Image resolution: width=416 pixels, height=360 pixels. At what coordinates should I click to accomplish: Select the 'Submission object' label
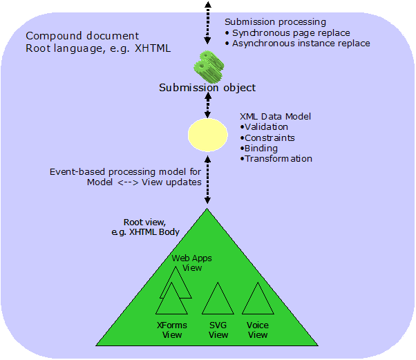pos(207,88)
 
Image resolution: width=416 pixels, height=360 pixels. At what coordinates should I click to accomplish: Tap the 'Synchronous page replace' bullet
pos(290,32)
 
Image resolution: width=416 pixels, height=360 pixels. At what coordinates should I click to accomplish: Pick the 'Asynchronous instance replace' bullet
pos(298,43)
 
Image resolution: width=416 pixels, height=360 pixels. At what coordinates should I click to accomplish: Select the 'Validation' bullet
pos(264,127)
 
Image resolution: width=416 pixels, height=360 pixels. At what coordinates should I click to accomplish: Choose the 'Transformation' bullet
pos(276,158)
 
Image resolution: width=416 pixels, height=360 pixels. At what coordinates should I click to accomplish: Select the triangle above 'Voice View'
pos(258,301)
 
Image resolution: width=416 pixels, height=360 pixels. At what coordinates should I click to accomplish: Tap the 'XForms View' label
pos(172,330)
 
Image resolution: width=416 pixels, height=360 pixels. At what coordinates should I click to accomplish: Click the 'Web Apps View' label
pos(191,263)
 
